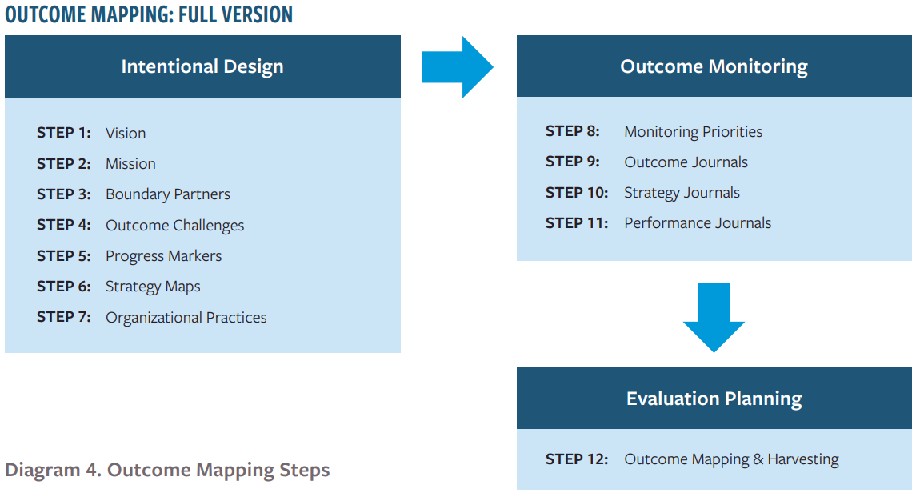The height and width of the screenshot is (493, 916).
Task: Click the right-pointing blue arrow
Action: coord(458,67)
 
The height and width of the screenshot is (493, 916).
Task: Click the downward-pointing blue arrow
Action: coord(714,317)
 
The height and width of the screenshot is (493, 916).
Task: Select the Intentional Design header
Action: coord(202,66)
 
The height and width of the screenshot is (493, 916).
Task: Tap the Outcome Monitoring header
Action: coord(714,66)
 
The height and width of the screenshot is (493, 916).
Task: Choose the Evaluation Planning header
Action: coord(714,399)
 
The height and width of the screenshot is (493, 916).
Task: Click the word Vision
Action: coord(126,133)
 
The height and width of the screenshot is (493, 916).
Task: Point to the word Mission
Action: coord(130,163)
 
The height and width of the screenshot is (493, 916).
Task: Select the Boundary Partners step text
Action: coord(168,194)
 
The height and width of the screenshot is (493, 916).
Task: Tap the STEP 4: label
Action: coord(64,225)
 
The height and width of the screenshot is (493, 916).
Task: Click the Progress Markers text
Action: coord(163,256)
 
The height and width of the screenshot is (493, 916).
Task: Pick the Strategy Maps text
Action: coord(153,287)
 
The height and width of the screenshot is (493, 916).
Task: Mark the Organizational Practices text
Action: coord(186,317)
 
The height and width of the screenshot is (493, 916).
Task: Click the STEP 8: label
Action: coord(573,131)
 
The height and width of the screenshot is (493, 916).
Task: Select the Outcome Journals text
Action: coord(686,162)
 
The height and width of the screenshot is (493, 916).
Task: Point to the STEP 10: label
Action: coord(577,192)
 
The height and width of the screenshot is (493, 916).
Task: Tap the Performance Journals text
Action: coord(698,222)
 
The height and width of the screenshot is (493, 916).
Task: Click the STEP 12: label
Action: coord(577,459)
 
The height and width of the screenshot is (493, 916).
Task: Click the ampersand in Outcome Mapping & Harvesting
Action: coord(758,459)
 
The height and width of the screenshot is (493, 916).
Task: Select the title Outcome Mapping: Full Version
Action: coord(149,14)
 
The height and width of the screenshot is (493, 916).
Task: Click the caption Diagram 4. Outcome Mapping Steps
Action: coord(168,470)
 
